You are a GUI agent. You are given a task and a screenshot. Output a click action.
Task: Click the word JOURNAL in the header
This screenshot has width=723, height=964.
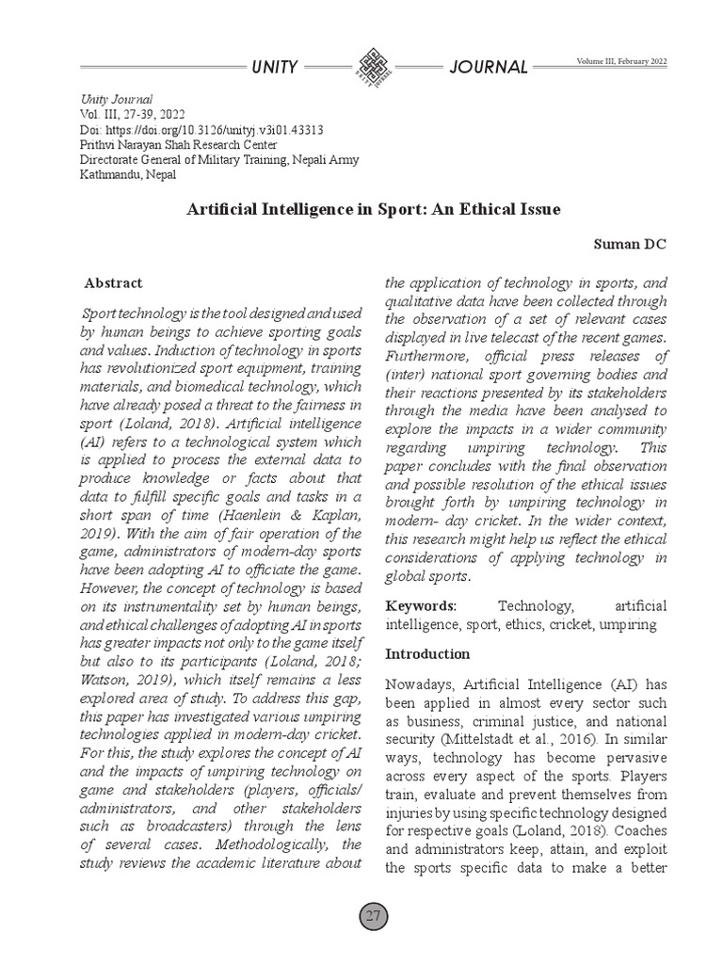[x=489, y=67]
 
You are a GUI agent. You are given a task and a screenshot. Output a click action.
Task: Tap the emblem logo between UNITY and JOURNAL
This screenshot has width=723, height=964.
[x=371, y=67]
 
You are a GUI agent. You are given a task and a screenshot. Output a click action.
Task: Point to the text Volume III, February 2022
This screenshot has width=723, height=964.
[x=621, y=61]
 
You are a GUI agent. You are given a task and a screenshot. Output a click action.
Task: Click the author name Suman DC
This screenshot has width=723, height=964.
[x=631, y=245]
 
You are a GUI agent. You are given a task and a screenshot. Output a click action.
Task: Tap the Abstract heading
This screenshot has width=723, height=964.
[x=114, y=282]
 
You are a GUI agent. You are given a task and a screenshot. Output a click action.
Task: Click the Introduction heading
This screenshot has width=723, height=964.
[x=428, y=653]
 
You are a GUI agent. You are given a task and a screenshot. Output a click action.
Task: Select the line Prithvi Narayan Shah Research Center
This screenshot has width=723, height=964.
[x=179, y=145]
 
